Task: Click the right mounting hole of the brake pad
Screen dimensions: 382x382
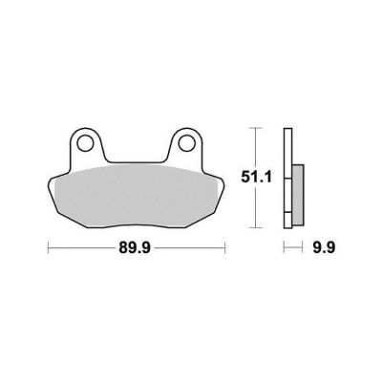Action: coord(186,143)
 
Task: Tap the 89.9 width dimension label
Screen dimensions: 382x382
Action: coord(135,247)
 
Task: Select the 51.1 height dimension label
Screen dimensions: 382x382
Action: coord(256,177)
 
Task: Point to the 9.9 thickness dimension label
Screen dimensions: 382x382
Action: coord(323,247)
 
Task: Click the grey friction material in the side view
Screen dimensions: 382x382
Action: coord(298,195)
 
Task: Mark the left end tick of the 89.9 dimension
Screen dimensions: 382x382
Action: coord(48,247)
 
